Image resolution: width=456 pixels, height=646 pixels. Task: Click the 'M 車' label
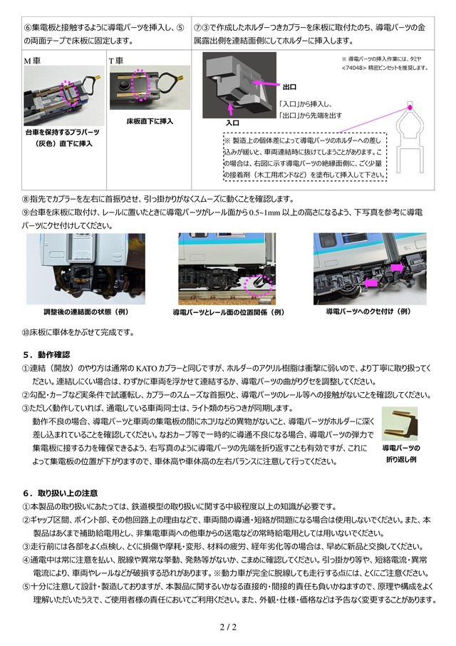pos(32,61)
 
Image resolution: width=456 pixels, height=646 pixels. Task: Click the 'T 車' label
pos(115,61)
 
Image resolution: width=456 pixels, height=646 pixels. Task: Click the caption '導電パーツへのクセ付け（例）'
pos(369,312)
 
